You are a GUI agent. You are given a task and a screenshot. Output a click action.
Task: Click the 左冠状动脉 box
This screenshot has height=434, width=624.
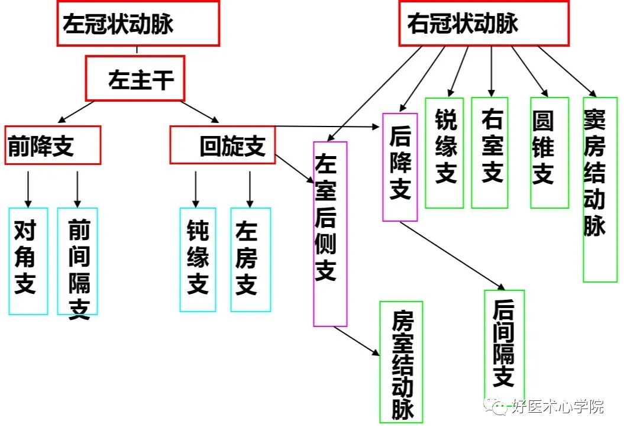[x=138, y=24]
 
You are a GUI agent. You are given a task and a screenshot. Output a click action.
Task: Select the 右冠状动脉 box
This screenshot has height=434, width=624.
[x=483, y=24]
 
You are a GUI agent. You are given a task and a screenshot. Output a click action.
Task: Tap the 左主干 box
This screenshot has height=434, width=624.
[x=135, y=79]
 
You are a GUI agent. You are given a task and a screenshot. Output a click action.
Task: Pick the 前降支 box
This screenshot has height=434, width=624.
[x=53, y=145]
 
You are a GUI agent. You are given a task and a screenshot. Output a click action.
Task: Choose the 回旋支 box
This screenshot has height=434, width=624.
[x=223, y=145]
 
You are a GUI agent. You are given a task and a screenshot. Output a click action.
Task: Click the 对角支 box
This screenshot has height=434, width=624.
[x=28, y=261]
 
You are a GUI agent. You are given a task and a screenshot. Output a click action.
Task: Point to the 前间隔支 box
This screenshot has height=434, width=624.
[x=77, y=261]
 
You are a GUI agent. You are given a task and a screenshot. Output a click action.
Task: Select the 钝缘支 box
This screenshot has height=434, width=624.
[x=198, y=260]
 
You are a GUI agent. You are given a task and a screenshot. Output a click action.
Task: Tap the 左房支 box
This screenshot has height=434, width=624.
[x=250, y=260]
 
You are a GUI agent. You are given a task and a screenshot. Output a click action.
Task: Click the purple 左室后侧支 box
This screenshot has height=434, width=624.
[x=330, y=234]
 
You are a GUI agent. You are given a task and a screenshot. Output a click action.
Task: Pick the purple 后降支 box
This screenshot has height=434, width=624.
[x=400, y=167]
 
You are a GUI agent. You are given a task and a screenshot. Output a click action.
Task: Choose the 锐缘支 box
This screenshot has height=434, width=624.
[x=444, y=153]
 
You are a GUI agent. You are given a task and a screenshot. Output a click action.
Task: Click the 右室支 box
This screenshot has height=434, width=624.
[x=490, y=153]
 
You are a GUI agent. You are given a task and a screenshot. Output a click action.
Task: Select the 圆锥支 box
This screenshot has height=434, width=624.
[x=549, y=153]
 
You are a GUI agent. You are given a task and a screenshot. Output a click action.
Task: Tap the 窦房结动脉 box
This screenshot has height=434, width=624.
[x=600, y=189]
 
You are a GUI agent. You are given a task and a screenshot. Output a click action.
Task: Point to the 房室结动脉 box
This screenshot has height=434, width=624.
[x=401, y=362]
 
